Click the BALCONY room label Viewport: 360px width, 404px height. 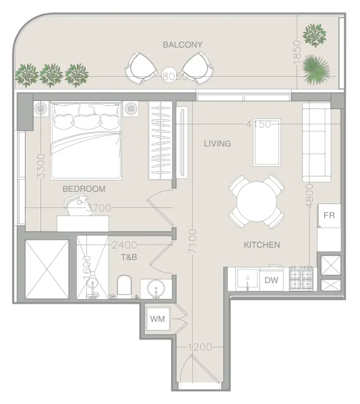[182, 45]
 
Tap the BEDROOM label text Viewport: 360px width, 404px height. [84, 189]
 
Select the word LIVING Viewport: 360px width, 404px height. [217, 143]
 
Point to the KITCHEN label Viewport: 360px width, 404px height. [262, 244]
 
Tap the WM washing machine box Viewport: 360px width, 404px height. [157, 318]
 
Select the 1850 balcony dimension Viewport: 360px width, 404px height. [297, 51]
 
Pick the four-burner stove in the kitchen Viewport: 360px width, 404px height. [301, 279]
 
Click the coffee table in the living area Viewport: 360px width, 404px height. [266, 142]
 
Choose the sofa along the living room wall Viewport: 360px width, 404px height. [314, 143]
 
